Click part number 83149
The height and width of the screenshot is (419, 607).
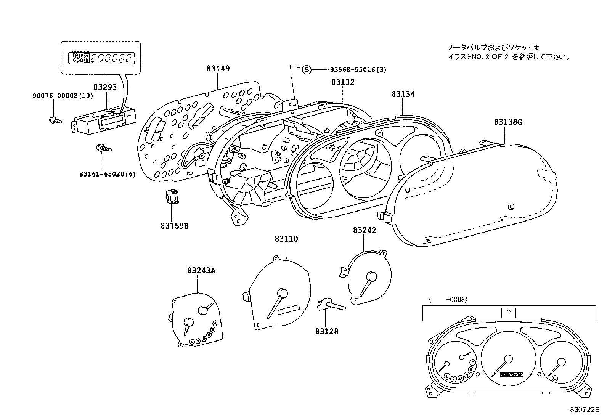tap(218, 69)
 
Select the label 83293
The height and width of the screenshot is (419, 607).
tap(105, 87)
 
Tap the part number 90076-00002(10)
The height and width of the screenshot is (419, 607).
tap(63, 96)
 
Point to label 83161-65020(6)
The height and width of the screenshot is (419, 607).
tap(107, 174)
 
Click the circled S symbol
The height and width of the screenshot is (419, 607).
tap(307, 70)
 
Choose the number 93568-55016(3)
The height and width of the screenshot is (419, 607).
tap(358, 70)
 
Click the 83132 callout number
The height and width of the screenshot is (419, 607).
tap(343, 82)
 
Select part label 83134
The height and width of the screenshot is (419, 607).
tap(403, 94)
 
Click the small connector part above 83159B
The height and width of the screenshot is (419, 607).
tap(172, 197)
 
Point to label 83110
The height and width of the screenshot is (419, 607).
tap(286, 239)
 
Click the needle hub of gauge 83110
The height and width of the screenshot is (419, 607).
tap(283, 293)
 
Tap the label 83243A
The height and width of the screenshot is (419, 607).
tap(201, 271)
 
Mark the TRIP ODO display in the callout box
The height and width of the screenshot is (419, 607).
tap(101, 58)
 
